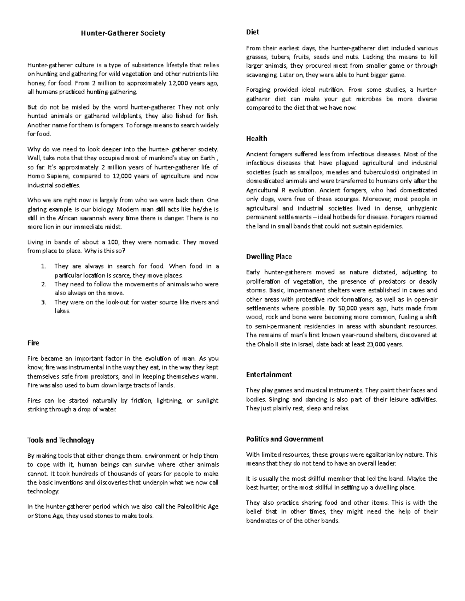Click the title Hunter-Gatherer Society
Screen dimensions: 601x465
(x=123, y=33)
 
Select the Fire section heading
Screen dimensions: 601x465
(x=33, y=343)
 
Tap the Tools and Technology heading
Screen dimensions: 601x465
(x=61, y=440)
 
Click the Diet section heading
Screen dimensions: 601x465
(x=252, y=32)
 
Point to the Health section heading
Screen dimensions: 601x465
(x=257, y=139)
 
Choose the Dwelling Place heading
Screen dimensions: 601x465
(x=269, y=257)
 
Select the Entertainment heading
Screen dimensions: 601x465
(x=269, y=375)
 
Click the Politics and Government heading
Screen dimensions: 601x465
(x=284, y=439)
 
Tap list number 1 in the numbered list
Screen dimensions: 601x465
(x=43, y=266)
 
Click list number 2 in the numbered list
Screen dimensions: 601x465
(x=43, y=284)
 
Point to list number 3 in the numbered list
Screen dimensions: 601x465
(x=43, y=302)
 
